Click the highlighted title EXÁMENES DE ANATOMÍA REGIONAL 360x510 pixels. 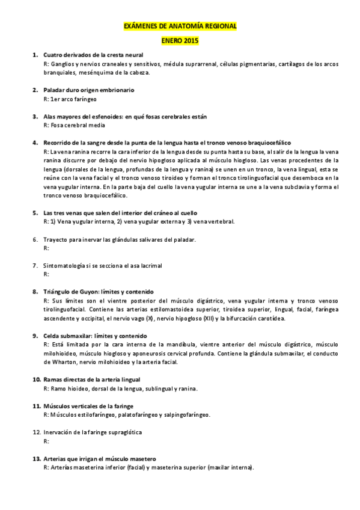coord(180,27)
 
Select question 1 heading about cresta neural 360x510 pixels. coord(93,55)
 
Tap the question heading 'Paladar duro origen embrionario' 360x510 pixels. coord(89,90)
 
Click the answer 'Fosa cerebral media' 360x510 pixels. coord(75,125)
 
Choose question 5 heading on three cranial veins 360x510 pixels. coord(120,213)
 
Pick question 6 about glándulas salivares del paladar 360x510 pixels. coord(120,239)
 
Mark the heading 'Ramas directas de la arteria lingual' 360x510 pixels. coord(92,379)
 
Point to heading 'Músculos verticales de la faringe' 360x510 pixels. coord(88,407)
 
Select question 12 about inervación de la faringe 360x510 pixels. coord(93,432)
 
